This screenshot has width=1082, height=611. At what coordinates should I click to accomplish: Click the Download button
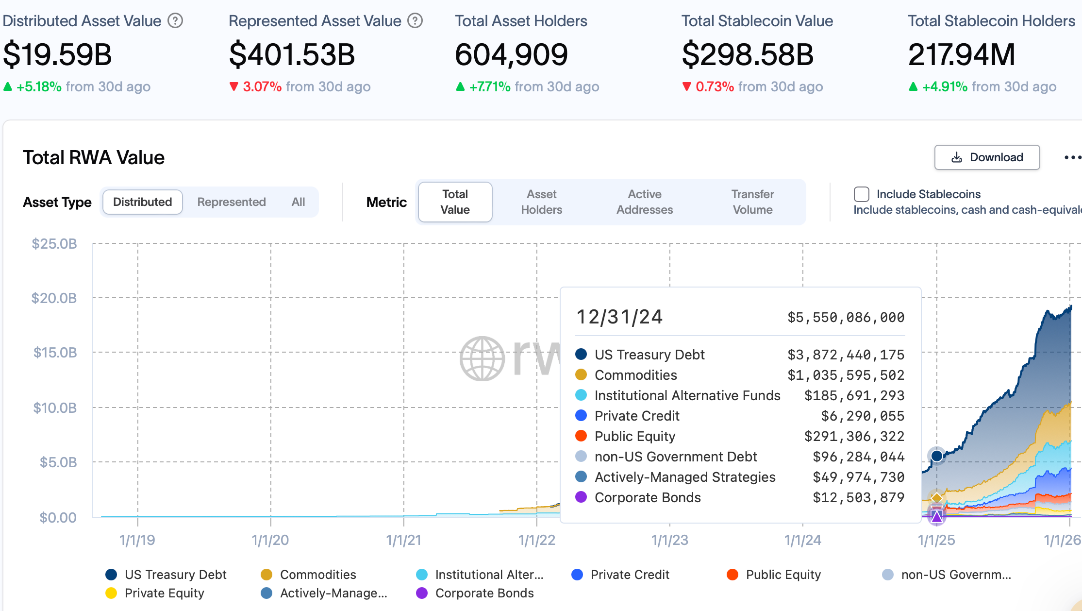click(x=987, y=157)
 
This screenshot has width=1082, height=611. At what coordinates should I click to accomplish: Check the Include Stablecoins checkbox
click(x=861, y=194)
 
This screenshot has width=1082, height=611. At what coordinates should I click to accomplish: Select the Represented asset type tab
click(x=232, y=202)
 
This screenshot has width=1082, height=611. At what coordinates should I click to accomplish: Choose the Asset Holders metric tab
click(x=541, y=202)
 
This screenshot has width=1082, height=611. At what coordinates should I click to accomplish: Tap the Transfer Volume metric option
click(x=752, y=202)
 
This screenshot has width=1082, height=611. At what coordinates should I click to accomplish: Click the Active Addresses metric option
click(x=644, y=202)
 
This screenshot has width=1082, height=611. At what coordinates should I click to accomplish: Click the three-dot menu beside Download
click(x=1072, y=157)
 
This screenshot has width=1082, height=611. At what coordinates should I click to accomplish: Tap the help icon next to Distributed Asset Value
click(x=175, y=21)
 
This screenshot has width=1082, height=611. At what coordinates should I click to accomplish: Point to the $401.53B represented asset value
click(x=292, y=54)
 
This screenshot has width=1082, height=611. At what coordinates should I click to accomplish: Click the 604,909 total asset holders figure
click(x=511, y=54)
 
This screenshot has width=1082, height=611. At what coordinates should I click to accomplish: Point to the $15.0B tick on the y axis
click(x=55, y=353)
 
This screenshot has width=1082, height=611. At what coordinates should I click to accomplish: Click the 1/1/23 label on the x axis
click(x=669, y=540)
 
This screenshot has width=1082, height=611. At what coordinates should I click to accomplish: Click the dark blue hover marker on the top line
click(x=937, y=456)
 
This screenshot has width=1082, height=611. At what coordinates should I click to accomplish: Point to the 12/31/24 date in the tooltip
click(x=619, y=317)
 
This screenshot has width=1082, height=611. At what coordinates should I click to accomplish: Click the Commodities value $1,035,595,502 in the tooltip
click(x=846, y=375)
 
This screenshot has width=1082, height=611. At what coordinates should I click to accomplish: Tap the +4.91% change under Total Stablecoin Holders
click(x=945, y=87)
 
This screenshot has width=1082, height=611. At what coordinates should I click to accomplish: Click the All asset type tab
click(x=298, y=202)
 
